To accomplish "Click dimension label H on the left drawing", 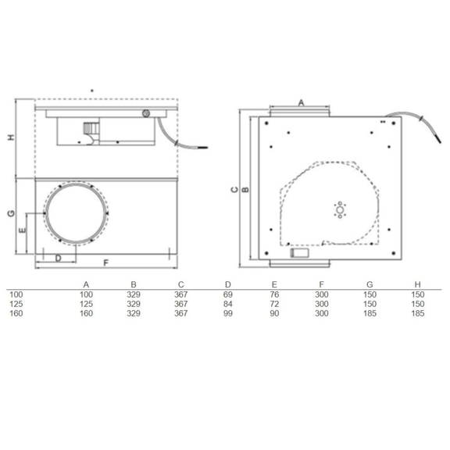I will pyautogui.click(x=10, y=138).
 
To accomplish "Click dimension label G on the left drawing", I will pyautogui.click(x=10, y=213).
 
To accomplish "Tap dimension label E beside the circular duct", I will pyautogui.click(x=23, y=230).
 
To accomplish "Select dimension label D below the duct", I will pyautogui.click(x=58, y=258).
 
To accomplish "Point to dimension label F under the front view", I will pyautogui.click(x=105, y=262).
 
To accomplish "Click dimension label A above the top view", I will pyautogui.click(x=302, y=102).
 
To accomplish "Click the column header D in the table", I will pyautogui.click(x=227, y=284).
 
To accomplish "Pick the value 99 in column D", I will pyautogui.click(x=227, y=312).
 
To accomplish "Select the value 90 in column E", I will pyautogui.click(x=274, y=312).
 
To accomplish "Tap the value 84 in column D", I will pyautogui.click(x=227, y=303).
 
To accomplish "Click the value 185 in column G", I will pyautogui.click(x=370, y=312).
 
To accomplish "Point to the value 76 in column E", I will pyautogui.click(x=274, y=294).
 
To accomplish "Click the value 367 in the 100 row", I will pyautogui.click(x=180, y=294).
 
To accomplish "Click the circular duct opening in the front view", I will pyautogui.click(x=77, y=212).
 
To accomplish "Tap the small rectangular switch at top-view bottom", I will pyautogui.click(x=298, y=252).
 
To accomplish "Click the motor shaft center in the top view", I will pyautogui.click(x=340, y=211).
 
